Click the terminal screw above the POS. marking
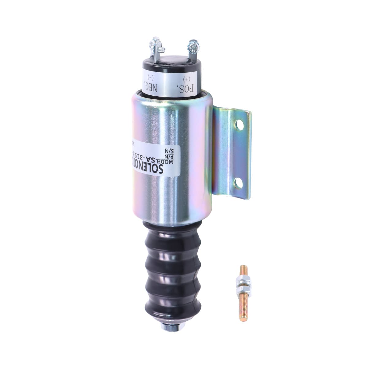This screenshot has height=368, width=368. [194, 46]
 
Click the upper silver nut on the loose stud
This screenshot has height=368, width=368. [242, 280]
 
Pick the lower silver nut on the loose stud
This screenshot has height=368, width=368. [242, 286]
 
